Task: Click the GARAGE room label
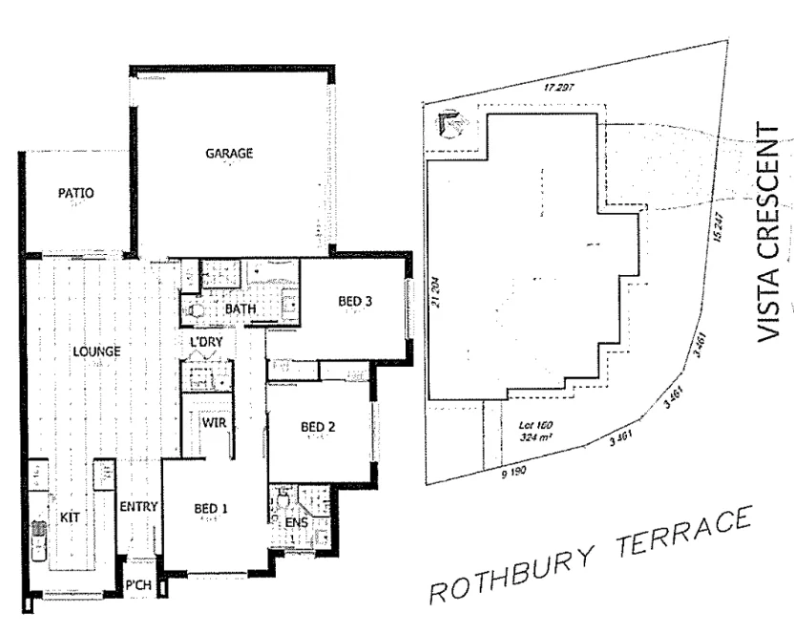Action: tap(228, 154)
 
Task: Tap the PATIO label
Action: tap(76, 192)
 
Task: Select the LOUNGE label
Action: tap(97, 351)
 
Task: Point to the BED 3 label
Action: tap(354, 302)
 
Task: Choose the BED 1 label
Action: tap(211, 509)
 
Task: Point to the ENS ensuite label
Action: tap(297, 523)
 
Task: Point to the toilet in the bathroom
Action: tap(199, 309)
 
